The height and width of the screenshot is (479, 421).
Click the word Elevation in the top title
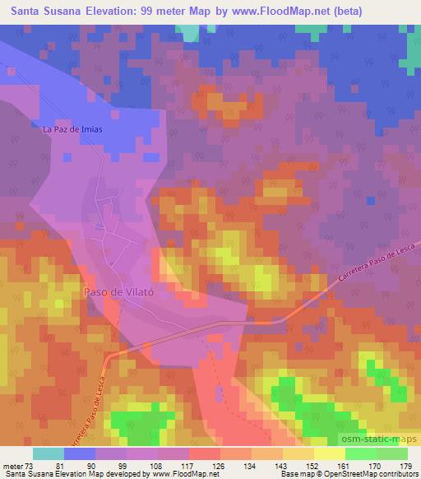[96, 9]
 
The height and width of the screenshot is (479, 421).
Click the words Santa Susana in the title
[36, 9]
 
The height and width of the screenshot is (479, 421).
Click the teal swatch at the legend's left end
[49, 453]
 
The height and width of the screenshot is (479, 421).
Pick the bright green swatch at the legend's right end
[392, 453]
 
